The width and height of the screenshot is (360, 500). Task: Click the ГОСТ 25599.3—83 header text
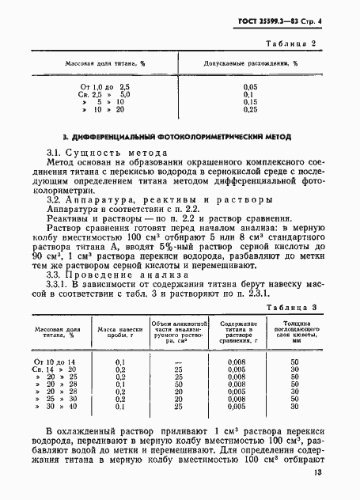coord(274,23)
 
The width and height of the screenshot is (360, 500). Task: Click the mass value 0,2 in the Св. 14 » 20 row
coord(121,369)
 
